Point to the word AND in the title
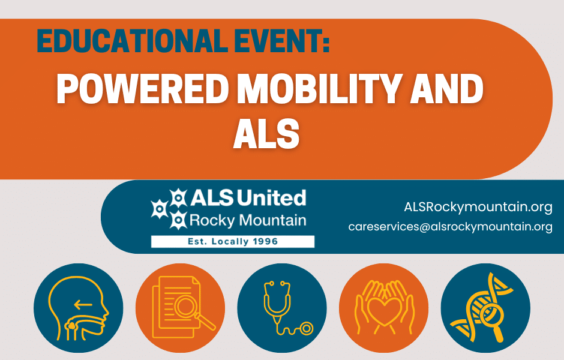[451, 90]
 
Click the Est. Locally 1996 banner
[232, 242]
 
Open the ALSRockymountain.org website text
[478, 208]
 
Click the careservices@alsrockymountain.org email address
[450, 227]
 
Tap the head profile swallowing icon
[79, 308]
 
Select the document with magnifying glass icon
[181, 308]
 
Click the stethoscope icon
[282, 308]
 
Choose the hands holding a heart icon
[384, 308]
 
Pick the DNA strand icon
[485, 308]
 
